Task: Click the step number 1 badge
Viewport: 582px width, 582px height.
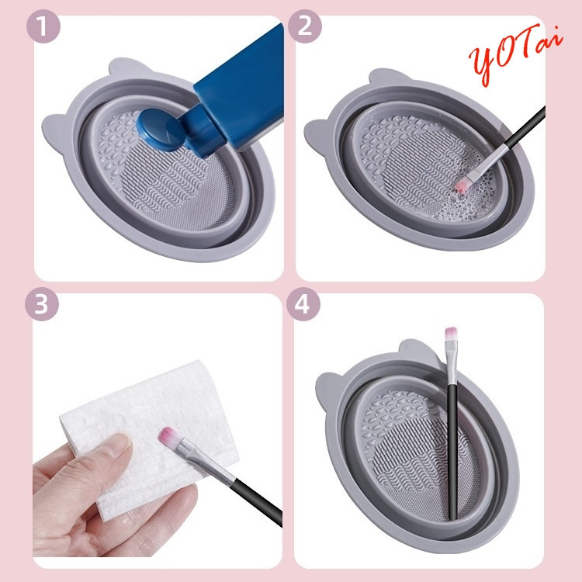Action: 43,26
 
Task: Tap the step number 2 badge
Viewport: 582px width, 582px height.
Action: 304,26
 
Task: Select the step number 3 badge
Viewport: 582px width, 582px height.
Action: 42,304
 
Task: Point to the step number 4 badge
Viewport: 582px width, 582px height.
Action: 303,304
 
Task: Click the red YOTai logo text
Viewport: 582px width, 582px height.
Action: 515,53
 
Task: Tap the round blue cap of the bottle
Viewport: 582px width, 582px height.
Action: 161,129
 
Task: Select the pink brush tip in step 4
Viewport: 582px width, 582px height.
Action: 451,334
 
